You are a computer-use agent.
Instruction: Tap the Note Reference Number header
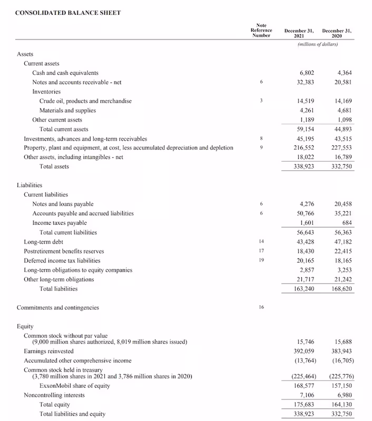[x=261, y=30]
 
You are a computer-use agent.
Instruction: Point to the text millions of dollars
[x=317, y=45]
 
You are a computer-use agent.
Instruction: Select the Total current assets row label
[x=64, y=129]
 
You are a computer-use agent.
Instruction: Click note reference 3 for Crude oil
[x=261, y=101]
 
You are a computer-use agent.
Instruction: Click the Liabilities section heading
[x=29, y=185]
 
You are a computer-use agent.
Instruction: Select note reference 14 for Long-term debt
[x=261, y=242]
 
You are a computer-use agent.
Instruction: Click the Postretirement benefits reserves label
[x=64, y=251]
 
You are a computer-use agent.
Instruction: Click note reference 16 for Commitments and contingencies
[x=261, y=307]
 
